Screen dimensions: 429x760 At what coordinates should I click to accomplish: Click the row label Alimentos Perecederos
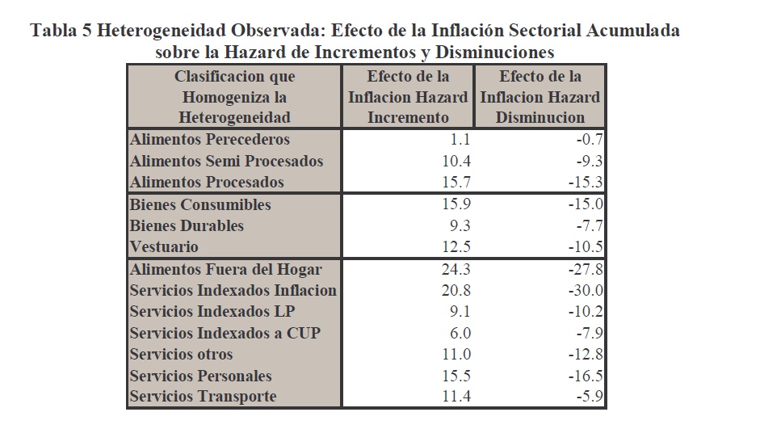[x=209, y=139]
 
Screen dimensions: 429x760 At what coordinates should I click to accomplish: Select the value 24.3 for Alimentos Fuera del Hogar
[x=455, y=268]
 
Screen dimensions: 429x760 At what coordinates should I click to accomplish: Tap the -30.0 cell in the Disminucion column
[x=584, y=290]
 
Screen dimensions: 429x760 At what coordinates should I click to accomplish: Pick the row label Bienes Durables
[x=187, y=225]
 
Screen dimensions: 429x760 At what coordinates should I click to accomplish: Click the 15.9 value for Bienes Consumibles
[x=455, y=204]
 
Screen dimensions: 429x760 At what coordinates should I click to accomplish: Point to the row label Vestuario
[x=164, y=246]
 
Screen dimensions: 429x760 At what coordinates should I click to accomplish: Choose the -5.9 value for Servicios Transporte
[x=587, y=397]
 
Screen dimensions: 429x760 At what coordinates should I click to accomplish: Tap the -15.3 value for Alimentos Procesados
[x=584, y=182]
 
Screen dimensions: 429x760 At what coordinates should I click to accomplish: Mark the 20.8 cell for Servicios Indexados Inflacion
[x=455, y=290]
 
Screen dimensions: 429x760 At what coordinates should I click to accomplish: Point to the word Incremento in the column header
[x=408, y=117]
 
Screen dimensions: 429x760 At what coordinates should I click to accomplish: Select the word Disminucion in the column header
[x=540, y=117]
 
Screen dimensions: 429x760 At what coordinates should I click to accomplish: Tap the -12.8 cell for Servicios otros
[x=584, y=354]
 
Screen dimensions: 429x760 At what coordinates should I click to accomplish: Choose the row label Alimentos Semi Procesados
[x=226, y=161]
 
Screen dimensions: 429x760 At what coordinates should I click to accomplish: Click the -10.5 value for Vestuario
[x=584, y=246]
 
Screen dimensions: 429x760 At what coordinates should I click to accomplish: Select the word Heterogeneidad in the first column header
[x=234, y=117]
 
